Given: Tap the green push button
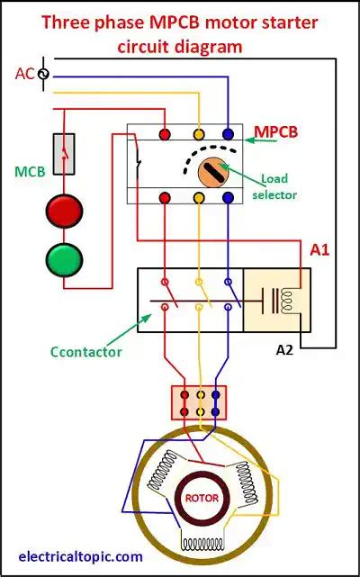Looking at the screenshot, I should click(64, 259).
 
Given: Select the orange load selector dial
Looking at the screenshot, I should click(213, 171).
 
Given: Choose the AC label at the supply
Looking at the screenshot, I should click(24, 73).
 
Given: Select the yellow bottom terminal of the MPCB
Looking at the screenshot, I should click(197, 197).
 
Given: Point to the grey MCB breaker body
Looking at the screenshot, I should click(64, 154).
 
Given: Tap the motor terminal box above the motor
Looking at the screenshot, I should click(199, 402).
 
